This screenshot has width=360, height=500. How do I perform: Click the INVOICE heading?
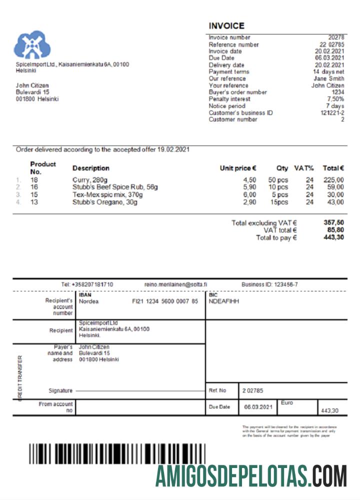coord(226,26)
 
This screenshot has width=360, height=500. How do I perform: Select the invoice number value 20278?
coord(336,37)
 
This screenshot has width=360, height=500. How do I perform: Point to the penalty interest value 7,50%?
coord(334,99)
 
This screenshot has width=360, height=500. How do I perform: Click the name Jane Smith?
coord(328,78)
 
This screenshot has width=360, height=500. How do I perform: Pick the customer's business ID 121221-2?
coord(332,113)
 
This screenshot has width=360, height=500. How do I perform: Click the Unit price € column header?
coord(238,168)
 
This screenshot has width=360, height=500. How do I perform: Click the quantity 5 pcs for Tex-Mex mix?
coord(279,195)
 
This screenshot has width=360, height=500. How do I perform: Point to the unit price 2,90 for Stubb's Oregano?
coord(249,202)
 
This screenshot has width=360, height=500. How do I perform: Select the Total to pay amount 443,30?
coord(333,237)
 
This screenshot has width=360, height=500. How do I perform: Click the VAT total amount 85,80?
coord(333,230)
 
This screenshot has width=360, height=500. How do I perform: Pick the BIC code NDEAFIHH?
coord(224,301)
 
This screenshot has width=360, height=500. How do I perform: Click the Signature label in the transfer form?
coord(60,390)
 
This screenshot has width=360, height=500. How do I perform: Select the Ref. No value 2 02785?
coord(253,390)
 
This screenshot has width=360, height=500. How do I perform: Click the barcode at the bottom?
coord(116,454)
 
